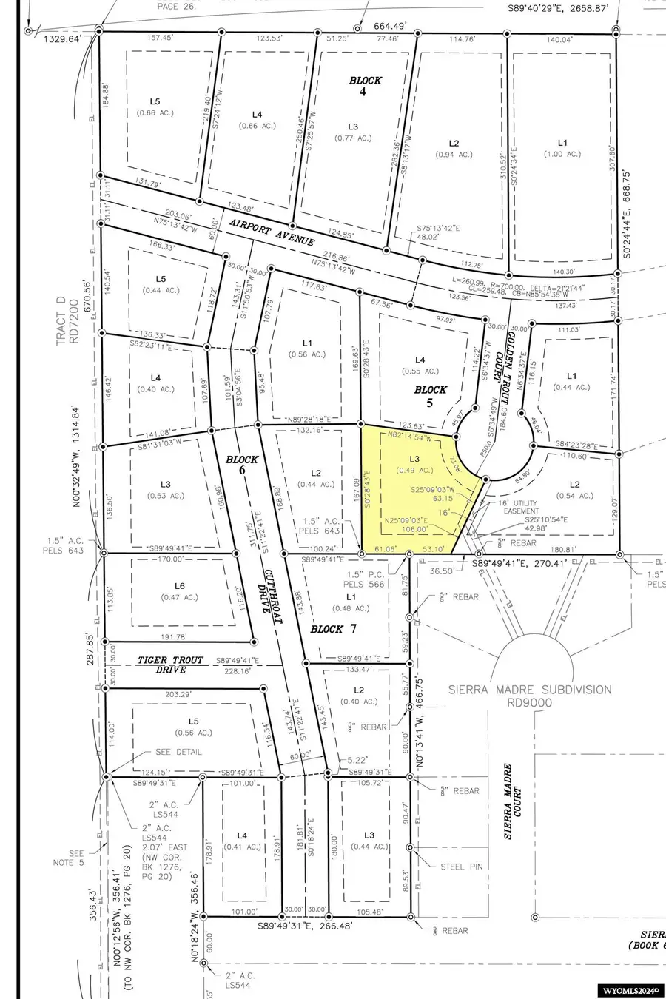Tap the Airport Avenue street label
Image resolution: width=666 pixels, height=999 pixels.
pos(272,232)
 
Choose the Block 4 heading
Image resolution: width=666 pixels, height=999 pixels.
pos(366,86)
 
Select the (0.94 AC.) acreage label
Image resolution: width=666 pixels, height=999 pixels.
pos(454,155)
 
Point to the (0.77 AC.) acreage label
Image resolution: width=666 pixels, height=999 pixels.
pos(352,138)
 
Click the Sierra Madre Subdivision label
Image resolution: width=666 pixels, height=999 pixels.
pos(530,696)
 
